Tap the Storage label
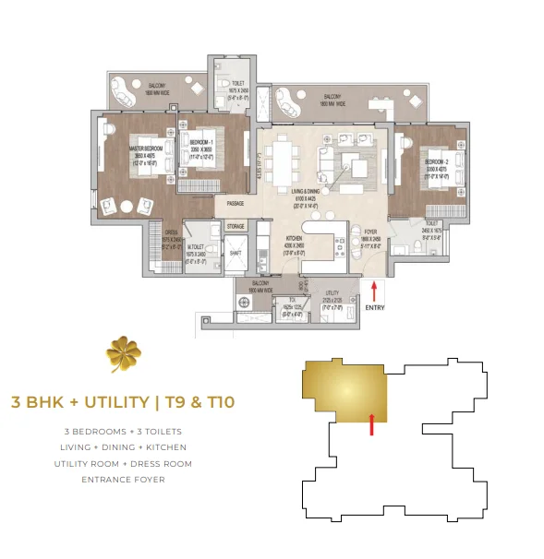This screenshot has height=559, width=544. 235,225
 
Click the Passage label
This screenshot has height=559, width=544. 236,204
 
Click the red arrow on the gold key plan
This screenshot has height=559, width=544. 371,423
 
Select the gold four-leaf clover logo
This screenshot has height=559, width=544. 123,353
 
